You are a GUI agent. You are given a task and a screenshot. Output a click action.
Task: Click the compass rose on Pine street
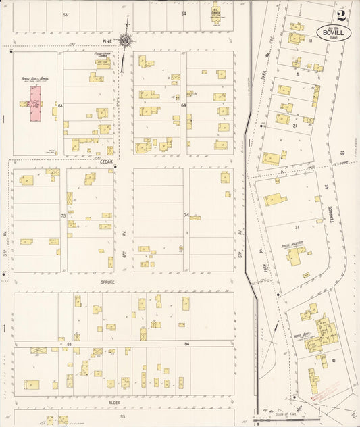pos(125,40)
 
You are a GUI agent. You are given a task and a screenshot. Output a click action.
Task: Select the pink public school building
pos(34,104)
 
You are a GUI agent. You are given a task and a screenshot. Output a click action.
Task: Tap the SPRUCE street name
pos(107,282)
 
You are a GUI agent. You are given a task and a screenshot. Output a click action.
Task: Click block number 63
pos(60,105)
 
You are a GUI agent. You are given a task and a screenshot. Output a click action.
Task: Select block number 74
pos(186,215)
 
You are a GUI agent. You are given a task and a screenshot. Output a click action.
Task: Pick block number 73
pos(63,215)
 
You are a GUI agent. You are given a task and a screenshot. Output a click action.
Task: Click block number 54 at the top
pos(183,14)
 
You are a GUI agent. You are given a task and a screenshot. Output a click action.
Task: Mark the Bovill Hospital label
pos(290,246)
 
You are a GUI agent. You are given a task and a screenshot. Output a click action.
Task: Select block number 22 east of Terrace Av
pos(342,153)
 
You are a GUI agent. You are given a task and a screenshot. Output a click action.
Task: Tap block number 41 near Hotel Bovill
pos(334,361)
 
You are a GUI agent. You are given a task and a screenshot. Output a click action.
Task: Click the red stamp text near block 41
pos(326,390)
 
